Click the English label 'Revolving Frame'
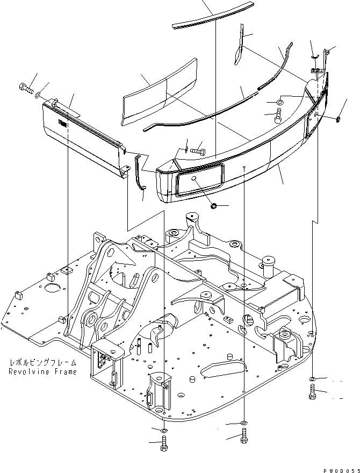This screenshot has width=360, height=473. click(x=42, y=372)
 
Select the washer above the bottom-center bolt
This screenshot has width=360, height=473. click(x=244, y=422)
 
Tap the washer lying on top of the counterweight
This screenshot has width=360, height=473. click(x=280, y=102)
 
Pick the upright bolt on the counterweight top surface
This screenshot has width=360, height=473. click(x=278, y=116)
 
